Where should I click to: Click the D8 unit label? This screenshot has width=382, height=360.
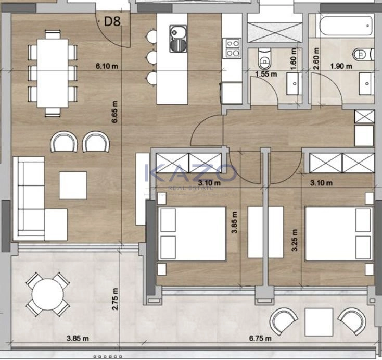click(112, 21)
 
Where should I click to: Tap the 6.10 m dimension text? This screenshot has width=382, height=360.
click(107, 66)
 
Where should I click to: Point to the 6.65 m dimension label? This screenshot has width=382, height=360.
click(114, 111)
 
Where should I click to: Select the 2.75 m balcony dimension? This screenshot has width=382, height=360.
click(114, 299)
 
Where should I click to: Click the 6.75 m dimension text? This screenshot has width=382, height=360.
click(260, 338)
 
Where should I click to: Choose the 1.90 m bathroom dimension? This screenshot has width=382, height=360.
click(341, 66)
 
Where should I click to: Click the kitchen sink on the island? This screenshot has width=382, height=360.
click(178, 39)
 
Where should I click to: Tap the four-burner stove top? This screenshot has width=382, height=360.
click(232, 48)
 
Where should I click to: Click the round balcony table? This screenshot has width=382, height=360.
click(48, 294)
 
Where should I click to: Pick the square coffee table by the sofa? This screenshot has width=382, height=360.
click(73, 185)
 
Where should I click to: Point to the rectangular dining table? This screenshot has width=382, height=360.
click(53, 73)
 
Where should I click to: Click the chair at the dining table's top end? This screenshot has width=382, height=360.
click(53, 34)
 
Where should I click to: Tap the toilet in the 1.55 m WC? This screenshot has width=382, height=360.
click(264, 58)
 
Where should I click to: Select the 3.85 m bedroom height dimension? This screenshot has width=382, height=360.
click(234, 222)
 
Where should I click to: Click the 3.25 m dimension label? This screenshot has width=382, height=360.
click(295, 240)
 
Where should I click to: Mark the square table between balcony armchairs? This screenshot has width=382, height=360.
click(319, 322)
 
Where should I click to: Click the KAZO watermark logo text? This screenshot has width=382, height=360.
click(191, 173)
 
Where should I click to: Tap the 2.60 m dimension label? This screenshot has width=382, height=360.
click(316, 59)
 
